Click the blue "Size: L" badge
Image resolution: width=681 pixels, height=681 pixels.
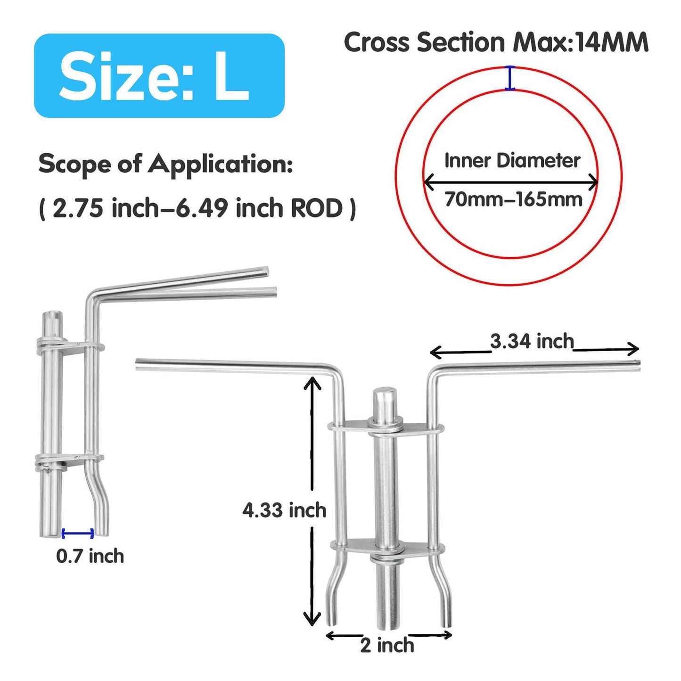[x=159, y=75]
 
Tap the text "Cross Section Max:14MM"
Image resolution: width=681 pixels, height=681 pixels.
[x=496, y=42]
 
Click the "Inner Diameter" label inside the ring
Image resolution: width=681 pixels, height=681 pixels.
[x=512, y=161]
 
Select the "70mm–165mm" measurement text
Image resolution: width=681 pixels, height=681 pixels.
[x=513, y=199]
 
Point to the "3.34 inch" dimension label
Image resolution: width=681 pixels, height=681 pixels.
[x=532, y=341]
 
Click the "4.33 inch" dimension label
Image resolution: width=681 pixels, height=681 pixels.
[x=285, y=510]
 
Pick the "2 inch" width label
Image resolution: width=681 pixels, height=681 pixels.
[x=387, y=645]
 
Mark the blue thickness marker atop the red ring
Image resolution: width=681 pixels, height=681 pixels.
[x=509, y=77]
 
